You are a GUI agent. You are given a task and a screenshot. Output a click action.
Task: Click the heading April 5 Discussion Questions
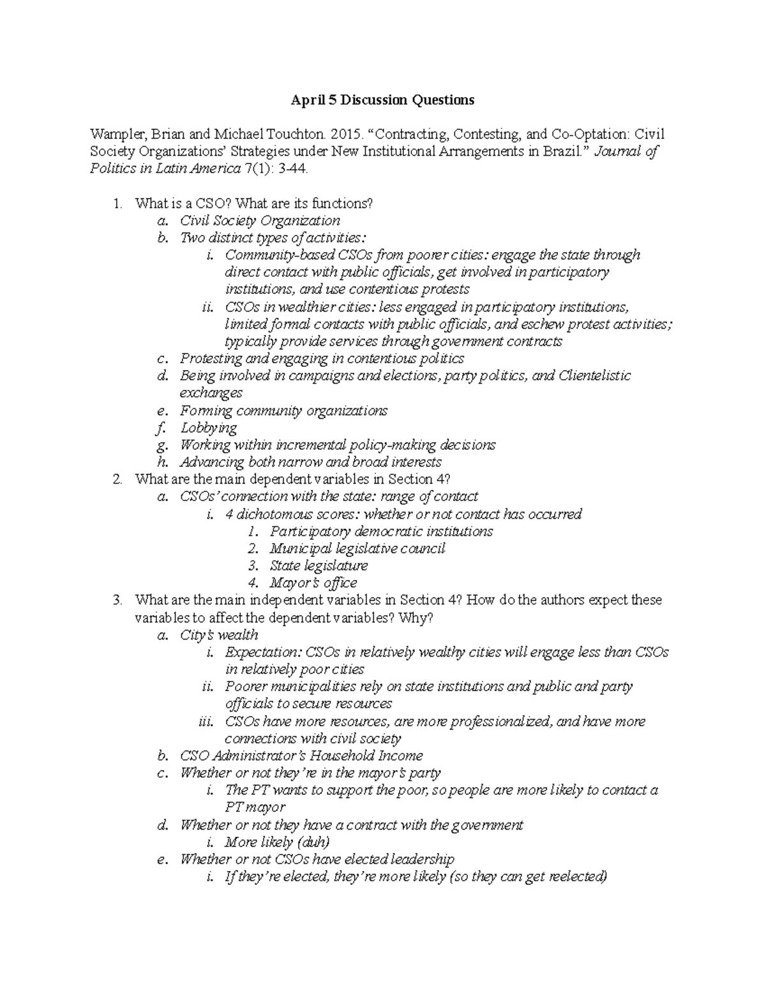pos(382,100)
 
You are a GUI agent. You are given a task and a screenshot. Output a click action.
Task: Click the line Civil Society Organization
pos(260,221)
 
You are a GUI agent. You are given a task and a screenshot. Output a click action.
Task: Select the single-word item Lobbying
pos(208,428)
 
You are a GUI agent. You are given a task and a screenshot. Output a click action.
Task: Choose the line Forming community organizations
pos(283,410)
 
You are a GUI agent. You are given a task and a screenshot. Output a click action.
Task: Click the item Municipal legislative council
pos(357,548)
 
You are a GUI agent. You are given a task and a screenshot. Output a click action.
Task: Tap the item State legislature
pos(319,565)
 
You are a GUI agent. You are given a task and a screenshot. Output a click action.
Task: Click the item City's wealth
pos(219,635)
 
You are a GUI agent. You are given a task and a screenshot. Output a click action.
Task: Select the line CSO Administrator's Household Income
pos(301,756)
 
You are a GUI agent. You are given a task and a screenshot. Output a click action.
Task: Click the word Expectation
pos(262,652)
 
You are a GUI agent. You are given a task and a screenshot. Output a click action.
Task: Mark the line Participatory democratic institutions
pos(381,531)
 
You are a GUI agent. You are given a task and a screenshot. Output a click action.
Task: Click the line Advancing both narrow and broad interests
pos(310,462)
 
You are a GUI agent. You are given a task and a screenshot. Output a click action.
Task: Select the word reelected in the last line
pos(573,876)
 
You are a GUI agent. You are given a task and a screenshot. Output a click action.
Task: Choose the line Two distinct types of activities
pos(273,238)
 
